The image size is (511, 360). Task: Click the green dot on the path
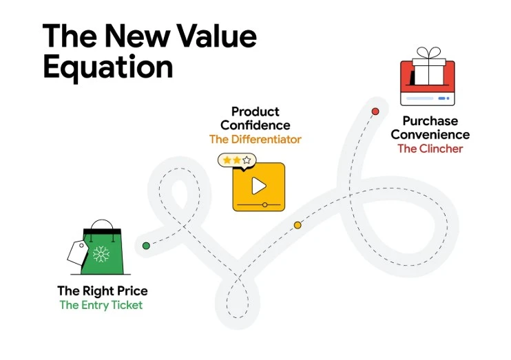click(x=146, y=245)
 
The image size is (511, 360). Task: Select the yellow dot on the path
click(x=298, y=225)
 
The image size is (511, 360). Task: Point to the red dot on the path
click(x=375, y=111)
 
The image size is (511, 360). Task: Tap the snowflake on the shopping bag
click(x=102, y=255)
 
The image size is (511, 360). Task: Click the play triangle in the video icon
click(x=258, y=185)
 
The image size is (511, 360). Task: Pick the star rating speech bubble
click(x=236, y=160)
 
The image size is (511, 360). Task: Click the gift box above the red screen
click(x=429, y=70)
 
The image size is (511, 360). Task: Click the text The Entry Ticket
click(x=101, y=305)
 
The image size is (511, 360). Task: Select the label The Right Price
click(x=102, y=290)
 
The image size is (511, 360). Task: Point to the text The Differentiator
click(x=255, y=139)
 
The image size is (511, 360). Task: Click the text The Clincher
click(x=430, y=148)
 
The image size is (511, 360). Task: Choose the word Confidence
click(x=255, y=125)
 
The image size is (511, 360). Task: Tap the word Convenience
click(x=430, y=134)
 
